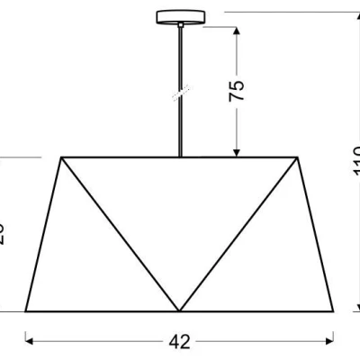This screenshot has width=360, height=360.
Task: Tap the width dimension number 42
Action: click(180, 341)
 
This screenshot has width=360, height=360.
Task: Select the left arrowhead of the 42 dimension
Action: click(29, 341)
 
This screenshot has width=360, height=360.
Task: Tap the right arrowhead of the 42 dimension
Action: click(331, 341)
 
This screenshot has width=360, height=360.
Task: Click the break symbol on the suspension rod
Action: click(180, 94)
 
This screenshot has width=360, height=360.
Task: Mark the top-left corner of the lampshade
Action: click(61, 157)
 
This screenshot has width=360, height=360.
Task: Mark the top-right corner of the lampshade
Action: click(298, 157)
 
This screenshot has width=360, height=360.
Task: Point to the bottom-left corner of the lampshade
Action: click(25, 311)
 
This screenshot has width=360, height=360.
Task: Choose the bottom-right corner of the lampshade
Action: click(335, 311)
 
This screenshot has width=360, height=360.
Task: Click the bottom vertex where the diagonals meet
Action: click(179, 310)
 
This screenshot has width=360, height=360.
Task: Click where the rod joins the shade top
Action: click(180, 157)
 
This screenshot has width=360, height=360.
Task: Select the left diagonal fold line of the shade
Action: click(120, 234)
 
